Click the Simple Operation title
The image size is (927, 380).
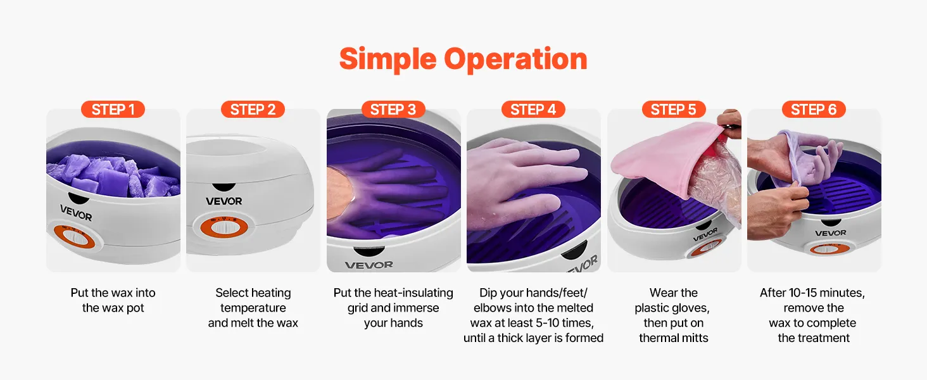tap(463, 59)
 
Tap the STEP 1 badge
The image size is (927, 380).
tap(113, 110)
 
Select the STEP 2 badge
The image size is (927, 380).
tap(253, 110)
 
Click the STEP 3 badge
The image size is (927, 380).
tap(393, 110)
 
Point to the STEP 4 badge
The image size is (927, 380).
tap(533, 110)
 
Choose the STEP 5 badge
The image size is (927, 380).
tap(673, 110)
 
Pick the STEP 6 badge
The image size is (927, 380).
tap(814, 110)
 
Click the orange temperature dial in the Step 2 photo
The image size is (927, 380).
tap(224, 226)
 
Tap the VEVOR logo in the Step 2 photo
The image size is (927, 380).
tap(224, 201)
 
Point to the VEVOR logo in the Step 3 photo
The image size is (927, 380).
tap(369, 265)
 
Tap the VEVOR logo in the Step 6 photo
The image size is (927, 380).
tap(831, 233)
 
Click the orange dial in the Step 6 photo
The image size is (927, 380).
tap(827, 249)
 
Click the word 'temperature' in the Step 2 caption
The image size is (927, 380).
tap(253, 308)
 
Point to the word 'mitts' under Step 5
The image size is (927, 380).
tap(695, 338)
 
